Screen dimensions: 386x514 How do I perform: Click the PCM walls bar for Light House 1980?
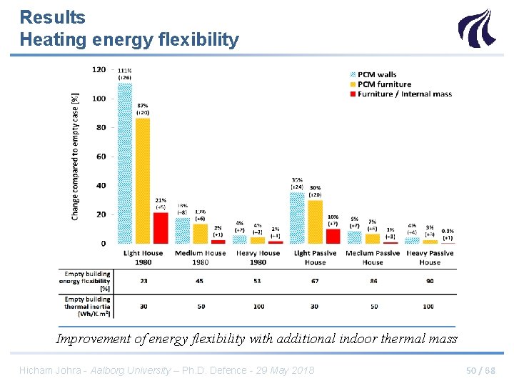[x=125, y=163]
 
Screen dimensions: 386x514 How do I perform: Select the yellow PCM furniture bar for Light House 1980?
[x=143, y=180]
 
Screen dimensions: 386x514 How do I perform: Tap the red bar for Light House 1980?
[x=161, y=228]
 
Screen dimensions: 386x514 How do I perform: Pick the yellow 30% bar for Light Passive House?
[x=315, y=222]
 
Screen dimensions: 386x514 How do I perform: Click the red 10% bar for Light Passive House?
[x=333, y=236]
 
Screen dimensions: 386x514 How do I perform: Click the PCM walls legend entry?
[x=376, y=74]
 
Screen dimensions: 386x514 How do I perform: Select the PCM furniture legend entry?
[x=383, y=84]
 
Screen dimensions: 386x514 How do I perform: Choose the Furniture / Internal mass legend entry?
[x=403, y=94]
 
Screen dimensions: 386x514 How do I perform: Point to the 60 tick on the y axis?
[x=101, y=157]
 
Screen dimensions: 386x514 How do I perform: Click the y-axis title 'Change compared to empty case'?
[x=76, y=156]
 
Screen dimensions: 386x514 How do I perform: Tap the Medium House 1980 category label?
[x=200, y=257]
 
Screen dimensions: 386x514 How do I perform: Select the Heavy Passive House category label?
[x=429, y=257]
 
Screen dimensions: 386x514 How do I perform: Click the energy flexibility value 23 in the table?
[x=143, y=281]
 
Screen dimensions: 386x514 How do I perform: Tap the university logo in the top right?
[x=475, y=28]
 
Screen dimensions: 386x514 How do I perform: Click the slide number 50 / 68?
[x=480, y=370]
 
